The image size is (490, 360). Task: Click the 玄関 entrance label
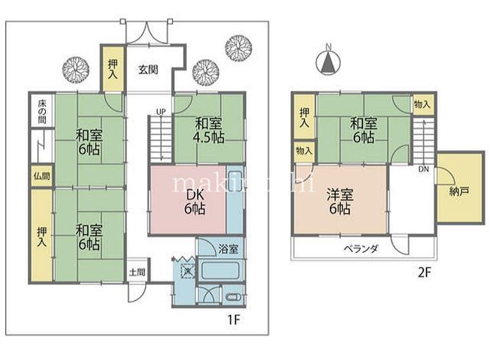149,69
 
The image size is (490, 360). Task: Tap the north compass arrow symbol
328,62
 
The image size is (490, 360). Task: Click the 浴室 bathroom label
228,250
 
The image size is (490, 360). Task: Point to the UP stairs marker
160,112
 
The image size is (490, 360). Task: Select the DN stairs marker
423,169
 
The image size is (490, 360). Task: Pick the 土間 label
137,271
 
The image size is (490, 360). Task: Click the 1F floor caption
232,319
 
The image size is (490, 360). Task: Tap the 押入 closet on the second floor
304,116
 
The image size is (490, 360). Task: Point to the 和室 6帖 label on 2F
364,129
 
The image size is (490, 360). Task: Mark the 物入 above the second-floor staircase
422,103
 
